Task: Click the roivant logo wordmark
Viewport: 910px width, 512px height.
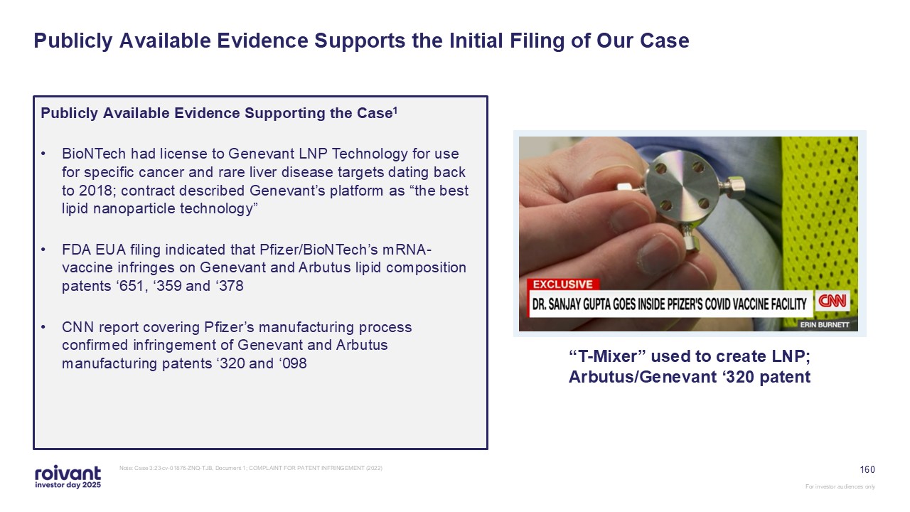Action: pos(68,473)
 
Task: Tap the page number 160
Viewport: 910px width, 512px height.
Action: pos(867,470)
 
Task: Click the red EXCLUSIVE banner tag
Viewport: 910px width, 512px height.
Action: pos(562,284)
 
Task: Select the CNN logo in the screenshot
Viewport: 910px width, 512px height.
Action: pos(832,301)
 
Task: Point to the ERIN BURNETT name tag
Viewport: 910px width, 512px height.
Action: pos(825,325)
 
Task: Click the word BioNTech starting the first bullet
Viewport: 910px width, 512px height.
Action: pos(94,154)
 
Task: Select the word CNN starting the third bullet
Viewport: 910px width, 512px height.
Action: pos(78,327)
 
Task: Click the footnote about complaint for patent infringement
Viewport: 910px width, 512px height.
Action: pos(251,468)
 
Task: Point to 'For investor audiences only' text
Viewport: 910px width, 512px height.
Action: pos(840,486)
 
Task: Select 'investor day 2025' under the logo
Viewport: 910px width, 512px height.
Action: pos(68,485)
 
